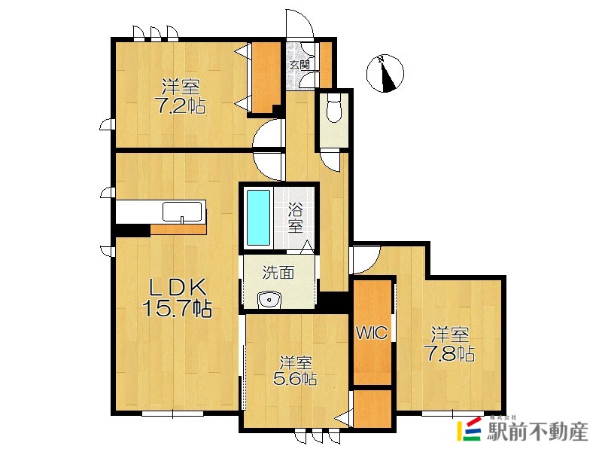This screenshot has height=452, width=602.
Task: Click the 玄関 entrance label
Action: point(299,65)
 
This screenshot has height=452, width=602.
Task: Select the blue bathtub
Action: point(258,218)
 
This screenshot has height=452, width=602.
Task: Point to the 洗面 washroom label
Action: point(278,272)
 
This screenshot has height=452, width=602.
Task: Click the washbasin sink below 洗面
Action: point(269,299)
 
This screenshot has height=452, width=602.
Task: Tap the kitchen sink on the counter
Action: point(182,212)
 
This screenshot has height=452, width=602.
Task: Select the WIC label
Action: point(372,332)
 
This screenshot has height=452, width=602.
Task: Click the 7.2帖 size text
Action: point(180,105)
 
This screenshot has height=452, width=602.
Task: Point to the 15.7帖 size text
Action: point(177,307)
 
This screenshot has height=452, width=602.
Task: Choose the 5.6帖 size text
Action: point(295,379)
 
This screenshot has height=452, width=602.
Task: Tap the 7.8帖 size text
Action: point(449,353)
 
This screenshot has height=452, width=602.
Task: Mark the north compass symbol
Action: point(385,73)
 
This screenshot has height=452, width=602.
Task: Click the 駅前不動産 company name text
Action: point(537,431)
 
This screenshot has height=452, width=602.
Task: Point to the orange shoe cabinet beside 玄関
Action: point(326,65)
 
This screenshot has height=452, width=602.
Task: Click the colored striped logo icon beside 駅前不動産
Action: point(469,429)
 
